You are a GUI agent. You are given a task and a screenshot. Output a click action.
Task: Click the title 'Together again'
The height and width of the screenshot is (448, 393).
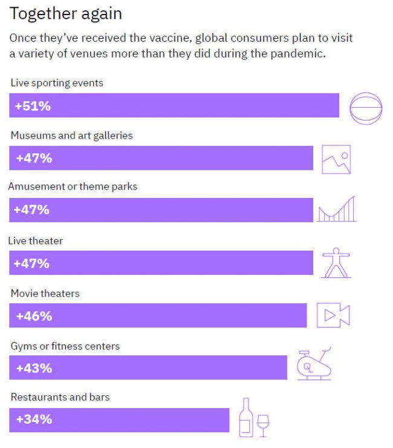click(65, 13)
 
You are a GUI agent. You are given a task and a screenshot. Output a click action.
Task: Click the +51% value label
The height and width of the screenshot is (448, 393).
click(33, 106)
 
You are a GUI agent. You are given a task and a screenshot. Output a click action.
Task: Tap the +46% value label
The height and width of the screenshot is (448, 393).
click(34, 316)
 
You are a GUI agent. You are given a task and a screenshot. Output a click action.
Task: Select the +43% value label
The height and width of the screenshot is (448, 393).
click(34, 368)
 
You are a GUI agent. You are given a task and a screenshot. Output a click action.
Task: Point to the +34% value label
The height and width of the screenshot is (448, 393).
click(34, 419)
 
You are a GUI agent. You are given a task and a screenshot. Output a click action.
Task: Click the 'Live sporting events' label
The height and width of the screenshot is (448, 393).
click(57, 83)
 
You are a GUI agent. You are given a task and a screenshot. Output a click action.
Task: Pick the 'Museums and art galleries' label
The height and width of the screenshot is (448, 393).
click(71, 136)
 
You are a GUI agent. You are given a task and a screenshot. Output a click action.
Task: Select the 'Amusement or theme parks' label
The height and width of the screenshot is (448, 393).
click(73, 186)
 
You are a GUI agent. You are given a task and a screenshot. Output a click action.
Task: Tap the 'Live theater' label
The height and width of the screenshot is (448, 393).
click(36, 240)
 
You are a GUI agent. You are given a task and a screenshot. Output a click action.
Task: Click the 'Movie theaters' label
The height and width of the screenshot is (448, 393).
click(45, 294)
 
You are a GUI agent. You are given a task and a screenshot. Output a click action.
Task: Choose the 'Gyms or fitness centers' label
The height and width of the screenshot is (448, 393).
click(65, 346)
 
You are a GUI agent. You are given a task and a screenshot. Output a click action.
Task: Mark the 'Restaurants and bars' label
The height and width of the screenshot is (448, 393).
click(60, 397)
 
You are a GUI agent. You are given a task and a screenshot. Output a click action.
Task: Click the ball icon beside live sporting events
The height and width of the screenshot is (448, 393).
click(366, 108)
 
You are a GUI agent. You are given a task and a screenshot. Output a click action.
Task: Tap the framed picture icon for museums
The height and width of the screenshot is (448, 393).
click(336, 159)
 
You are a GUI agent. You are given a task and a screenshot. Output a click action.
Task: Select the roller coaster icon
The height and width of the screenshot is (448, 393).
click(337, 209)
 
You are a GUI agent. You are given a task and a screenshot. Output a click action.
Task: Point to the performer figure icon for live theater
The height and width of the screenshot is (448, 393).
click(336, 263)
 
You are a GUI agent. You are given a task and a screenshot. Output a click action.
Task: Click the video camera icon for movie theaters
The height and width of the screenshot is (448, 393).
click(333, 315)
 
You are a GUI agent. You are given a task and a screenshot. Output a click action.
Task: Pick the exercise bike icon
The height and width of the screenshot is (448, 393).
click(314, 364)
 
